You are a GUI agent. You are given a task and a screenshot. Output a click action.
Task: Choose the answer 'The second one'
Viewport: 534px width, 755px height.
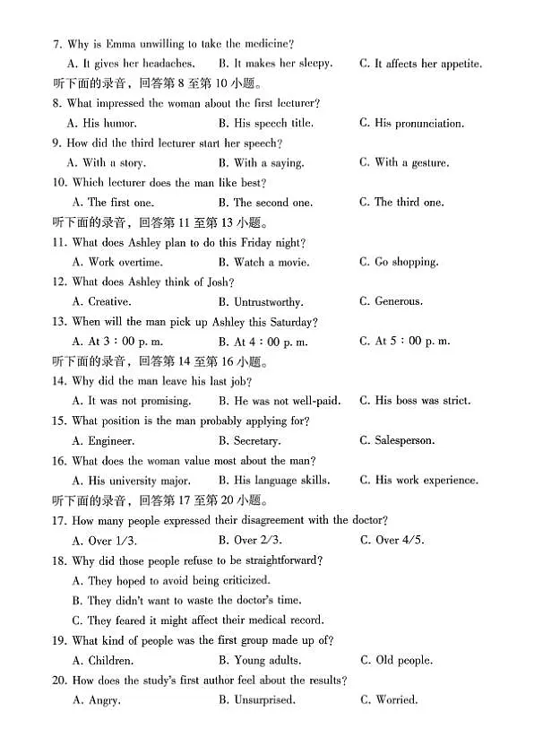click(x=272, y=203)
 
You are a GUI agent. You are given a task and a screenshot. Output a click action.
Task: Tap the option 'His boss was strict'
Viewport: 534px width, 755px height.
click(x=423, y=401)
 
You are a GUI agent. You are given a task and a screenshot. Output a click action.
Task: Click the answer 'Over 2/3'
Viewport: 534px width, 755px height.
click(x=252, y=541)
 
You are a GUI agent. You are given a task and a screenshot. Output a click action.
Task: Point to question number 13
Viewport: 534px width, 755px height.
click(x=59, y=322)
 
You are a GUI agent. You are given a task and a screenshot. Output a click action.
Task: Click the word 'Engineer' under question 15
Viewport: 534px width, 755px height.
click(x=111, y=441)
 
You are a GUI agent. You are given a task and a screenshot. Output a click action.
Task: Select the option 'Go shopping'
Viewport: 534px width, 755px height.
click(x=406, y=263)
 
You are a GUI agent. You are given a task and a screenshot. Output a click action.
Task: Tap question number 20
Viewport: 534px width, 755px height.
click(x=59, y=681)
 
